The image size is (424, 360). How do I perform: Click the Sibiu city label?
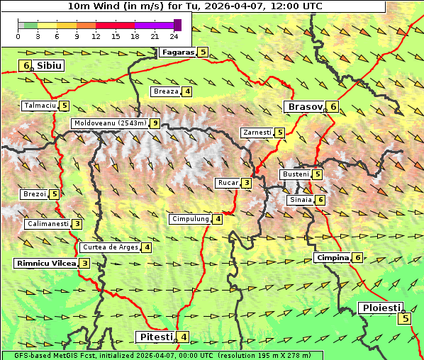pos(49,65)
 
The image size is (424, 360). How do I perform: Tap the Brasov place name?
pos(303,106)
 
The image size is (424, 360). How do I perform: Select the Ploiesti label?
pos(381,308)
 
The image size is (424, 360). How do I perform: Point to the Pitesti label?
pos(155,337)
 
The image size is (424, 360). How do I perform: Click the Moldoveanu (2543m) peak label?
pos(110,123)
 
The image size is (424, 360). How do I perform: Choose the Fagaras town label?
pos(177,52)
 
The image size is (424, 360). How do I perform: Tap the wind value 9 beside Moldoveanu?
pos(154,123)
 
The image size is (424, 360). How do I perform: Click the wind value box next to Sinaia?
pos(320,200)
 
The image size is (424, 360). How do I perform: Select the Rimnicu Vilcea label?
pos(45,263)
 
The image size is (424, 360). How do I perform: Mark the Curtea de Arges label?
pos(109,247)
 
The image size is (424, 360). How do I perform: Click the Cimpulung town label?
pos(190,219)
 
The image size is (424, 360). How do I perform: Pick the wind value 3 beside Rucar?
pos(246,183)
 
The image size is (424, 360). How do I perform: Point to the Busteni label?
pos(295,174)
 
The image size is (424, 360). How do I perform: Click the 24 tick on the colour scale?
pos(173,36)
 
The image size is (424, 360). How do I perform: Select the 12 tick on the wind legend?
pos(95,36)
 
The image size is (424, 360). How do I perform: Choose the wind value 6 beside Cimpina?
pos(357,257)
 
